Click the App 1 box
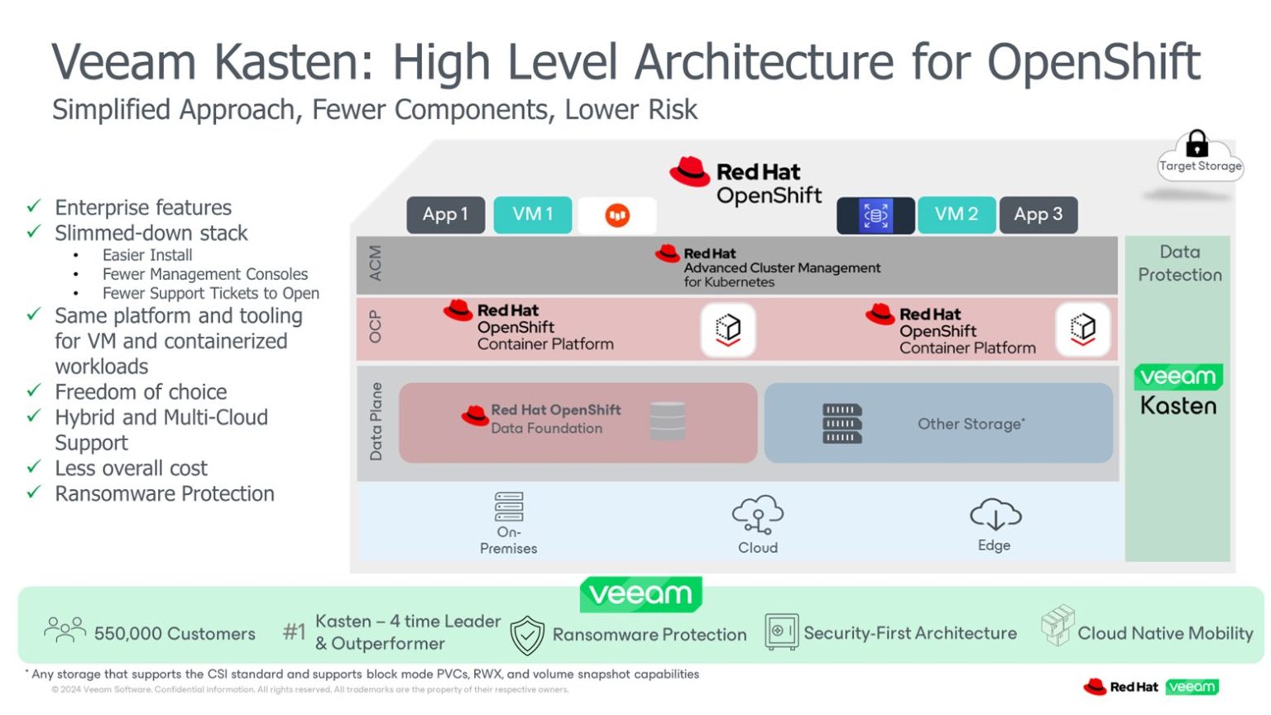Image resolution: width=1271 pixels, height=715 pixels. (445, 214)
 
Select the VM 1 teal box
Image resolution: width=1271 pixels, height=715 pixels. (532, 214)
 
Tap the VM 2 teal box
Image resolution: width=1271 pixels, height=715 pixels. (956, 214)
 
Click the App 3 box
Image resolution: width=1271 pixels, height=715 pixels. (1038, 214)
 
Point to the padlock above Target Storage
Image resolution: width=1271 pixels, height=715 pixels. (1197, 144)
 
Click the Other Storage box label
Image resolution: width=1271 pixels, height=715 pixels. (971, 424)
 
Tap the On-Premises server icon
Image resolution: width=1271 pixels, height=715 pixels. (509, 506)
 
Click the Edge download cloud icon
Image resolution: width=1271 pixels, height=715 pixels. (995, 515)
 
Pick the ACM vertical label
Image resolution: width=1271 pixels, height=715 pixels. (376, 263)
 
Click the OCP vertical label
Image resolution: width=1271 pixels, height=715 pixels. (376, 327)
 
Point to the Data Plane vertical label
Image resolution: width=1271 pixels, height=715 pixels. (376, 421)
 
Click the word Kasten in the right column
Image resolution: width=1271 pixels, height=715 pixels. (1178, 406)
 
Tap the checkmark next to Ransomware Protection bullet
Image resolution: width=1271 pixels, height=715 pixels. (34, 492)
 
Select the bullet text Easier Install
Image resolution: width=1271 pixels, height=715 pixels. (147, 255)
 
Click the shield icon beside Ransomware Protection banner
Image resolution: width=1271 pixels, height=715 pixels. (527, 635)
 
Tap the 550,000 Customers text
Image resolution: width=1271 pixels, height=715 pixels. (175, 634)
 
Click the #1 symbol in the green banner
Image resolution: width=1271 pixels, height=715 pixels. (295, 632)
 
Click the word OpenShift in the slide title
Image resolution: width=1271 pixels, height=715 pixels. (1093, 63)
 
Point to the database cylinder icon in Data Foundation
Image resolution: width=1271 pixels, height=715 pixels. (667, 420)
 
